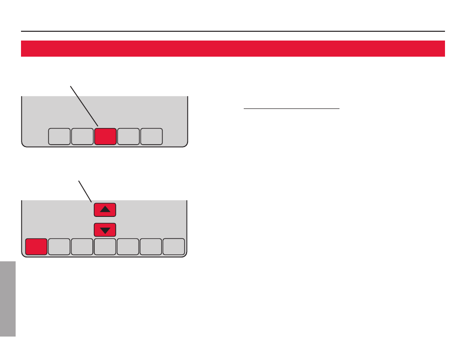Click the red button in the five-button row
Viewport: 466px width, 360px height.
coord(105,137)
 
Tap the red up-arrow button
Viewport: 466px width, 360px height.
coord(105,210)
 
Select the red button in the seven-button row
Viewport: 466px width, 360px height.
coord(36,247)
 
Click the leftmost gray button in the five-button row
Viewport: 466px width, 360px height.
coord(59,137)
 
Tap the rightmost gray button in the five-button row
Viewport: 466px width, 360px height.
coord(151,137)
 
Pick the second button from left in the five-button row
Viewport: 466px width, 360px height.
coord(82,137)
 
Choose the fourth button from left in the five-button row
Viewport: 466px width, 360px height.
coord(128,137)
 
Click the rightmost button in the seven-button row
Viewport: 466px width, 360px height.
coord(174,247)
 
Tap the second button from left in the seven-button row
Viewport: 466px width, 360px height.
coord(59,247)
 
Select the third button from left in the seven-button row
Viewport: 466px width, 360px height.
coord(82,247)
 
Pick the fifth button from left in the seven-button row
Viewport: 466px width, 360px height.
coord(128,247)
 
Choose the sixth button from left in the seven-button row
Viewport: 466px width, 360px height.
coord(151,247)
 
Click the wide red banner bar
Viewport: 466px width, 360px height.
coord(233,48)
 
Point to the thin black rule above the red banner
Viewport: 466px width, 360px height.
coord(233,31)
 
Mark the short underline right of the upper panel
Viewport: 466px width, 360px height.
coord(291,109)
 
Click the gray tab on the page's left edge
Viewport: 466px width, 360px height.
coord(8,298)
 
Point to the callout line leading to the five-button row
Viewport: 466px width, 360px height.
coord(84,106)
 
